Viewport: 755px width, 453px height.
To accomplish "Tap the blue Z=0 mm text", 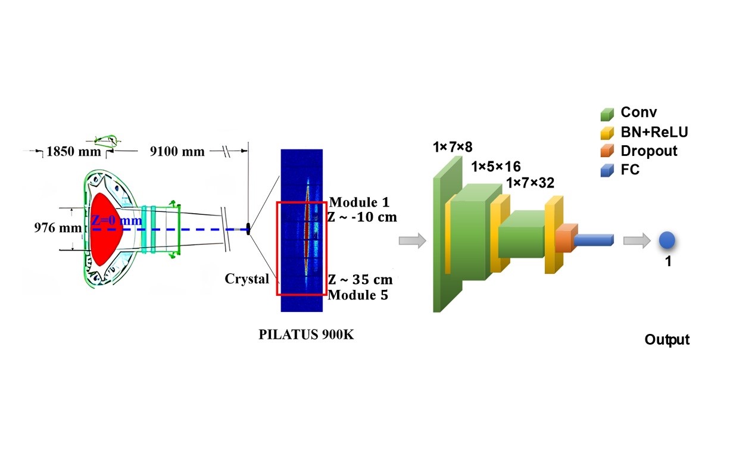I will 116,221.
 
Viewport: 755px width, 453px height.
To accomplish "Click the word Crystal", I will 247,279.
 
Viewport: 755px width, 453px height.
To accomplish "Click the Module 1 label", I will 358,202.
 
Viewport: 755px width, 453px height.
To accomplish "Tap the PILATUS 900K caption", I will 306,335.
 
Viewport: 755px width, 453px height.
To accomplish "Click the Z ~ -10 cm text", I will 362,217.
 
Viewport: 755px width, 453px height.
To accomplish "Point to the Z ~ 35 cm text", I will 360,280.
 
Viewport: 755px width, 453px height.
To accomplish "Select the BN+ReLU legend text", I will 654,132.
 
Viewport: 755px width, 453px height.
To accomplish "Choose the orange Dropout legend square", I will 607,151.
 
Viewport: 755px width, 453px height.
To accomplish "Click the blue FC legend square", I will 607,170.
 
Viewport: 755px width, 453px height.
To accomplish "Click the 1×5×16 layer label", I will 495,166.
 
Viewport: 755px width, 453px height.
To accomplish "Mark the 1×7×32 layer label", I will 530,183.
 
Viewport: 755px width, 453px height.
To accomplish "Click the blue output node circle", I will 667,240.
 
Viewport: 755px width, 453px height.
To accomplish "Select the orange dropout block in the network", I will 566,238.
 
